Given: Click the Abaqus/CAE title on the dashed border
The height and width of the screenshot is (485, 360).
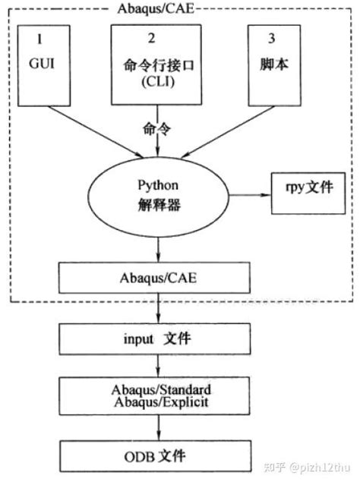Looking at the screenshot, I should [156, 8].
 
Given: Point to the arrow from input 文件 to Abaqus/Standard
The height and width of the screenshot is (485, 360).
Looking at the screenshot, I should [157, 367].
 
